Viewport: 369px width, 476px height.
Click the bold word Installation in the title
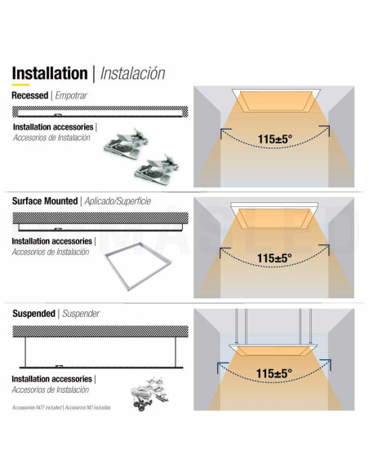point(50,73)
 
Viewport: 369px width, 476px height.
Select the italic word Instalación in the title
point(132,73)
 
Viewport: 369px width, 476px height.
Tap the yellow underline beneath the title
point(20,85)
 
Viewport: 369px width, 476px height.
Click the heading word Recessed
point(29,95)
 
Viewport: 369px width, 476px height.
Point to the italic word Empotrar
point(71,95)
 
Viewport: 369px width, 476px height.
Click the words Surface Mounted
point(45,201)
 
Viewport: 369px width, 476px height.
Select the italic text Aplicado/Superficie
point(118,201)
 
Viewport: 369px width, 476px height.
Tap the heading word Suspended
point(33,314)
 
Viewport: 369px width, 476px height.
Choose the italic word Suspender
point(81,314)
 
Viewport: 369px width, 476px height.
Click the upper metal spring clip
point(127,143)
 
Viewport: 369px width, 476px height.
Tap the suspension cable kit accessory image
point(149,394)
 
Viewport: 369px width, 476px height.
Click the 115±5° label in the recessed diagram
point(275,139)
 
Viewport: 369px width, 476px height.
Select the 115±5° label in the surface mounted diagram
point(274,258)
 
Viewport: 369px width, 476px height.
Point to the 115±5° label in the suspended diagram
point(273,373)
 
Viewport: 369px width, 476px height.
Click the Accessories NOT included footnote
point(61,408)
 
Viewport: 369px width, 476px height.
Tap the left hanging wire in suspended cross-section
point(25,352)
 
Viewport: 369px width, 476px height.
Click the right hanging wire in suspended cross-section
point(176,352)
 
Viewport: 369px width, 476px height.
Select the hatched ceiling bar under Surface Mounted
point(100,218)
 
